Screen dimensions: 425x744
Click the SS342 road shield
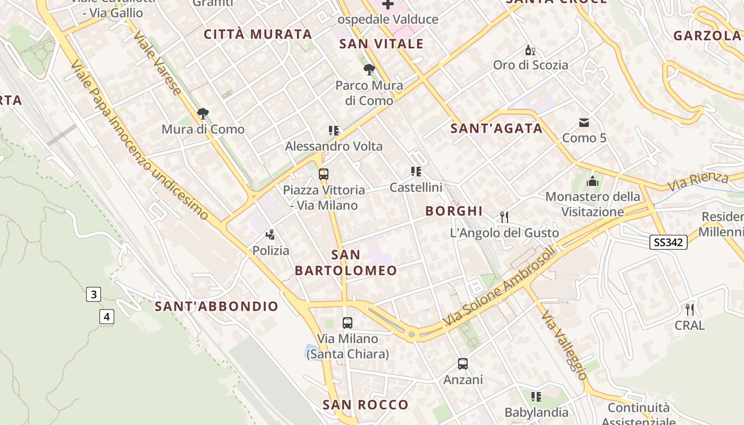pyautogui.click(x=668, y=242)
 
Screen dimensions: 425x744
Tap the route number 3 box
pyautogui.click(x=94, y=294)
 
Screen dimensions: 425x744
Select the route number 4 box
pyautogui.click(x=107, y=317)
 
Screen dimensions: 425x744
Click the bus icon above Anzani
pyautogui.click(x=463, y=364)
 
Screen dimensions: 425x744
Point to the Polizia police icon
pyautogui.click(x=270, y=234)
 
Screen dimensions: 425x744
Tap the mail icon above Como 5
pyautogui.click(x=584, y=123)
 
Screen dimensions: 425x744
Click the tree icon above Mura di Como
pyautogui.click(x=202, y=113)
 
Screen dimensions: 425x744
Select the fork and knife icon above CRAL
pyautogui.click(x=690, y=309)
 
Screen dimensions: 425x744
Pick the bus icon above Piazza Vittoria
pyautogui.click(x=323, y=174)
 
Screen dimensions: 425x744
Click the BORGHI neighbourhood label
pyautogui.click(x=454, y=211)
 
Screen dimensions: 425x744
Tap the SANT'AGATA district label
pyautogui.click(x=496, y=128)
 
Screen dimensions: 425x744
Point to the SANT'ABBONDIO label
pyautogui.click(x=216, y=306)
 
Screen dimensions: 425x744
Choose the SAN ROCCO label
pyautogui.click(x=366, y=405)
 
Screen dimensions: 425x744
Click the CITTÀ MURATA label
pyautogui.click(x=258, y=35)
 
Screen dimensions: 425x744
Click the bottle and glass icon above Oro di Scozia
pyautogui.click(x=530, y=50)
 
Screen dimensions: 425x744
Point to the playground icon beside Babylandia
pyautogui.click(x=536, y=397)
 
